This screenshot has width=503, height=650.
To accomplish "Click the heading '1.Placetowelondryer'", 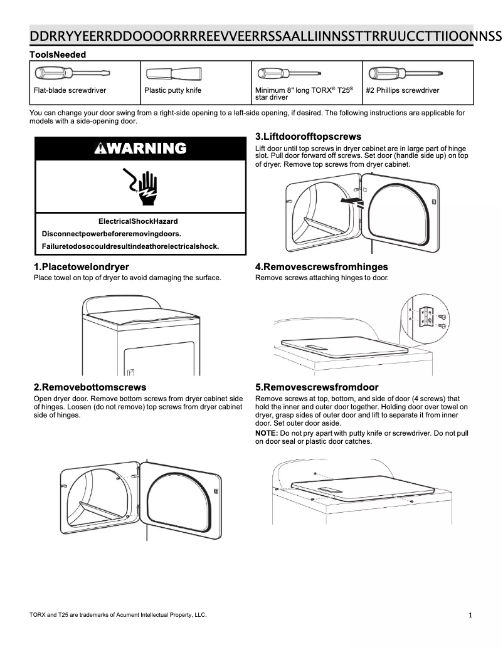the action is (x=81, y=267).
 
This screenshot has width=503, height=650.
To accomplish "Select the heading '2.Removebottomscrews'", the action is (x=90, y=387).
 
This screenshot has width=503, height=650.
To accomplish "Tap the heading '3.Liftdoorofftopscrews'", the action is (x=308, y=136).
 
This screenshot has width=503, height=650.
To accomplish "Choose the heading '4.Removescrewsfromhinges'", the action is (x=321, y=267).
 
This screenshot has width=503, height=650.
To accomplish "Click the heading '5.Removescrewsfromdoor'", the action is (x=317, y=387).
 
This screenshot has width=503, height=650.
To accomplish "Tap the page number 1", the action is (x=470, y=615).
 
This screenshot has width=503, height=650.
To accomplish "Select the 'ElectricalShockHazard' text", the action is (x=138, y=221).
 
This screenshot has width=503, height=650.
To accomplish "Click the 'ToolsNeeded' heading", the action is (x=58, y=55).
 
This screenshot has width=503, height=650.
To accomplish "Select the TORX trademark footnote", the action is (x=118, y=614).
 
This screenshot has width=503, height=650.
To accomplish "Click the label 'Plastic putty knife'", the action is (x=172, y=90).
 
